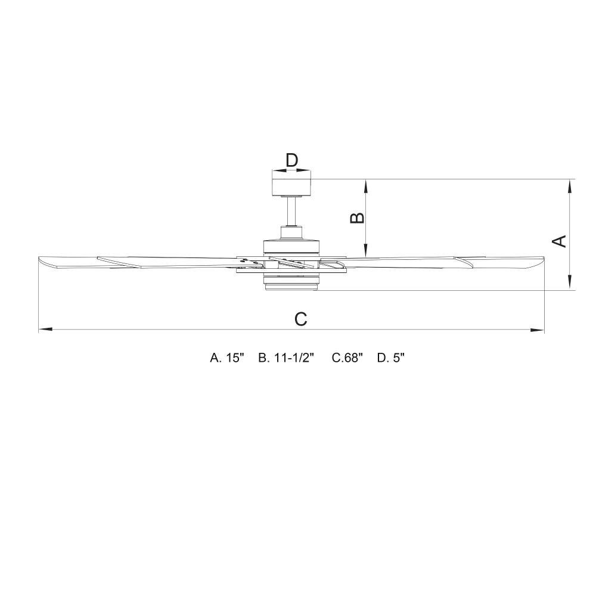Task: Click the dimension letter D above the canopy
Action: coord(291,160)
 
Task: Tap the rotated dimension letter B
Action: coord(357,218)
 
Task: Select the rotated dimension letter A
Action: coord(559,241)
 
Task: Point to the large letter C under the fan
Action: coord(300,319)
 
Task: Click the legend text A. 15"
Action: coord(226,358)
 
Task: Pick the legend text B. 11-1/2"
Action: coord(287,358)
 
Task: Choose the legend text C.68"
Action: coord(347,358)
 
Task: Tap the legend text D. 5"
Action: coord(391,358)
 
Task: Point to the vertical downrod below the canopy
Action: coord(291,212)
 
